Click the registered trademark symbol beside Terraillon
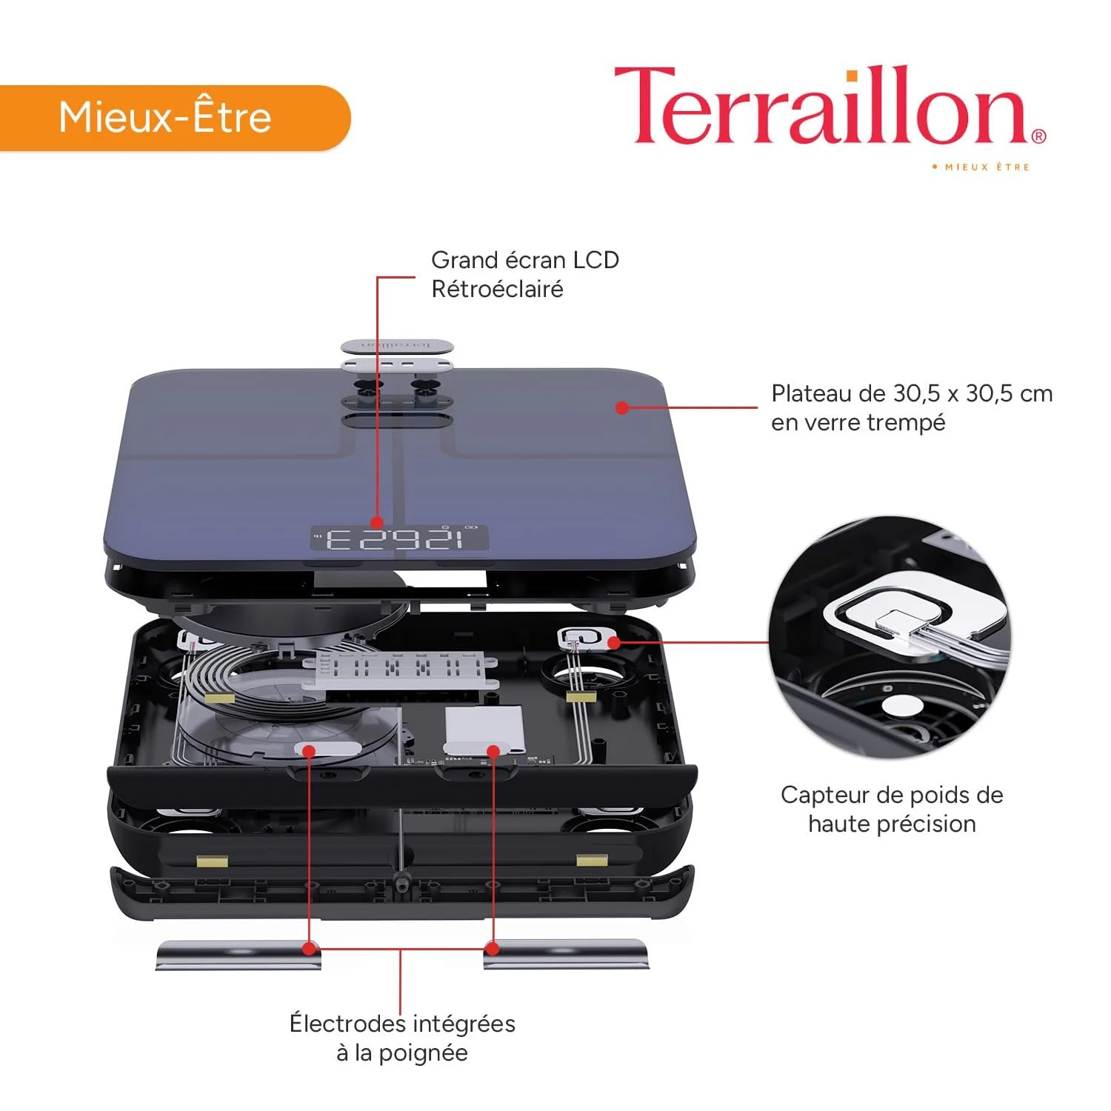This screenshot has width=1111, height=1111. [1038, 136]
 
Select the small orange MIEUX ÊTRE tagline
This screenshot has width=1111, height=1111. [981, 167]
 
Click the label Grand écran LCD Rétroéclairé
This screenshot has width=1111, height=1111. [524, 274]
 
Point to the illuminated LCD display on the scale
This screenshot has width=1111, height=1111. [399, 538]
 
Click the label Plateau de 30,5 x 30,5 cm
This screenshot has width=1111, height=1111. [912, 393]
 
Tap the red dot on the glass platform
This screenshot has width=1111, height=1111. [622, 407]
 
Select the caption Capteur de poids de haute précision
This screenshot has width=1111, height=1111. [892, 809]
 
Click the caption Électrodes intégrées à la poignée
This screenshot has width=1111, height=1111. [402, 1038]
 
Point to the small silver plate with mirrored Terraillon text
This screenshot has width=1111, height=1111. [396, 346]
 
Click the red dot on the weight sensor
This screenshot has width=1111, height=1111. [615, 642]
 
